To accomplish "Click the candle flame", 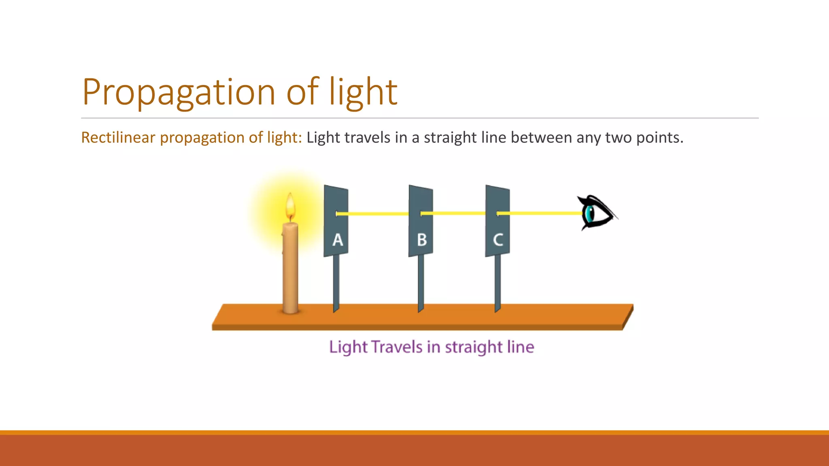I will [x=290, y=206].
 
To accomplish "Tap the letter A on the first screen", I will [x=338, y=240].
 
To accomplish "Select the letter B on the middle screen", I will [x=422, y=240].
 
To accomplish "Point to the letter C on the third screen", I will [x=498, y=240].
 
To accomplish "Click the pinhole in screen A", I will [x=337, y=214].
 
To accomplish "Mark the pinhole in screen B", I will [x=421, y=213].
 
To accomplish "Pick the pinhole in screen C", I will [x=498, y=213].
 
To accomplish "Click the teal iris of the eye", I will [x=590, y=213].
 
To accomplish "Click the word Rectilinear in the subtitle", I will [x=118, y=138].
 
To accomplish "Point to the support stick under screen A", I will [x=336, y=283].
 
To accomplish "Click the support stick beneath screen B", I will [x=421, y=283].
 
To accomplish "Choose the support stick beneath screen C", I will [x=497, y=283].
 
